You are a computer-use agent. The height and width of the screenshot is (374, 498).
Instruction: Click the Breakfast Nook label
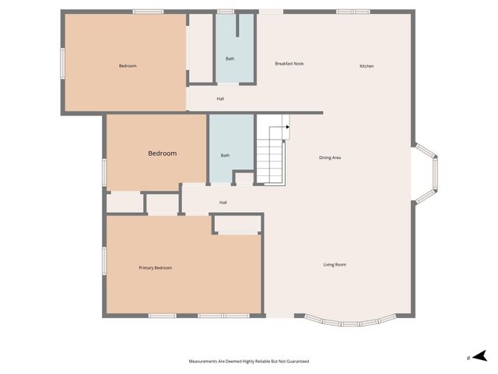coord(289,63)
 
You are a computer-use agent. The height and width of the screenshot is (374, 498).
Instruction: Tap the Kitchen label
coord(366,66)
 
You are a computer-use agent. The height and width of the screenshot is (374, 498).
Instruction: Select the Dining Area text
coord(330,157)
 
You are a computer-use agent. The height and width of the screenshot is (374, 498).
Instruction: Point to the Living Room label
coord(335,265)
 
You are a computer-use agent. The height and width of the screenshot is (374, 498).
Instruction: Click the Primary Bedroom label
coord(156,268)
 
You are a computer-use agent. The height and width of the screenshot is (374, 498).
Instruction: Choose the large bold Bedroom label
coord(163,153)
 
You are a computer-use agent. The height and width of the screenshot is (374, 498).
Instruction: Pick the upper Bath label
coord(230,58)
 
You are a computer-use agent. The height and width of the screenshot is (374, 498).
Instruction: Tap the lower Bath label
coord(225,156)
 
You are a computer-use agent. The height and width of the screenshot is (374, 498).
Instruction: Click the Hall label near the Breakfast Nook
coord(221,99)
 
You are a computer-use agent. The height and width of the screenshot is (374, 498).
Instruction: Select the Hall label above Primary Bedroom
coord(223,203)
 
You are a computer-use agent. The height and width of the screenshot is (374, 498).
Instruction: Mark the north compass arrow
coord(481,357)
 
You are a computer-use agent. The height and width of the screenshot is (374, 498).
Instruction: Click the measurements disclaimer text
coord(249,362)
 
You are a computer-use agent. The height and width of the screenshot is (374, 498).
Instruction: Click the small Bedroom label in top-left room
coord(128,66)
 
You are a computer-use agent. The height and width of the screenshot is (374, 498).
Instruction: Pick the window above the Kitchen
coord(352,12)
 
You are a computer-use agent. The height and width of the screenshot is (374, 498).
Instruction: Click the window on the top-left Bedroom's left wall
coord(63,62)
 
